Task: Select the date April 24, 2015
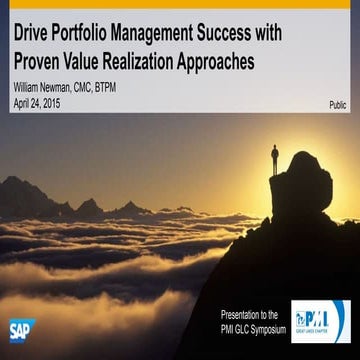tap(38, 103)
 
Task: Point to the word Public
tap(339, 104)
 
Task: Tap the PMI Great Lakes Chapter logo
tap(319, 321)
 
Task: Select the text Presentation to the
tap(252, 316)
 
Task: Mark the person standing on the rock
tap(275, 158)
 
